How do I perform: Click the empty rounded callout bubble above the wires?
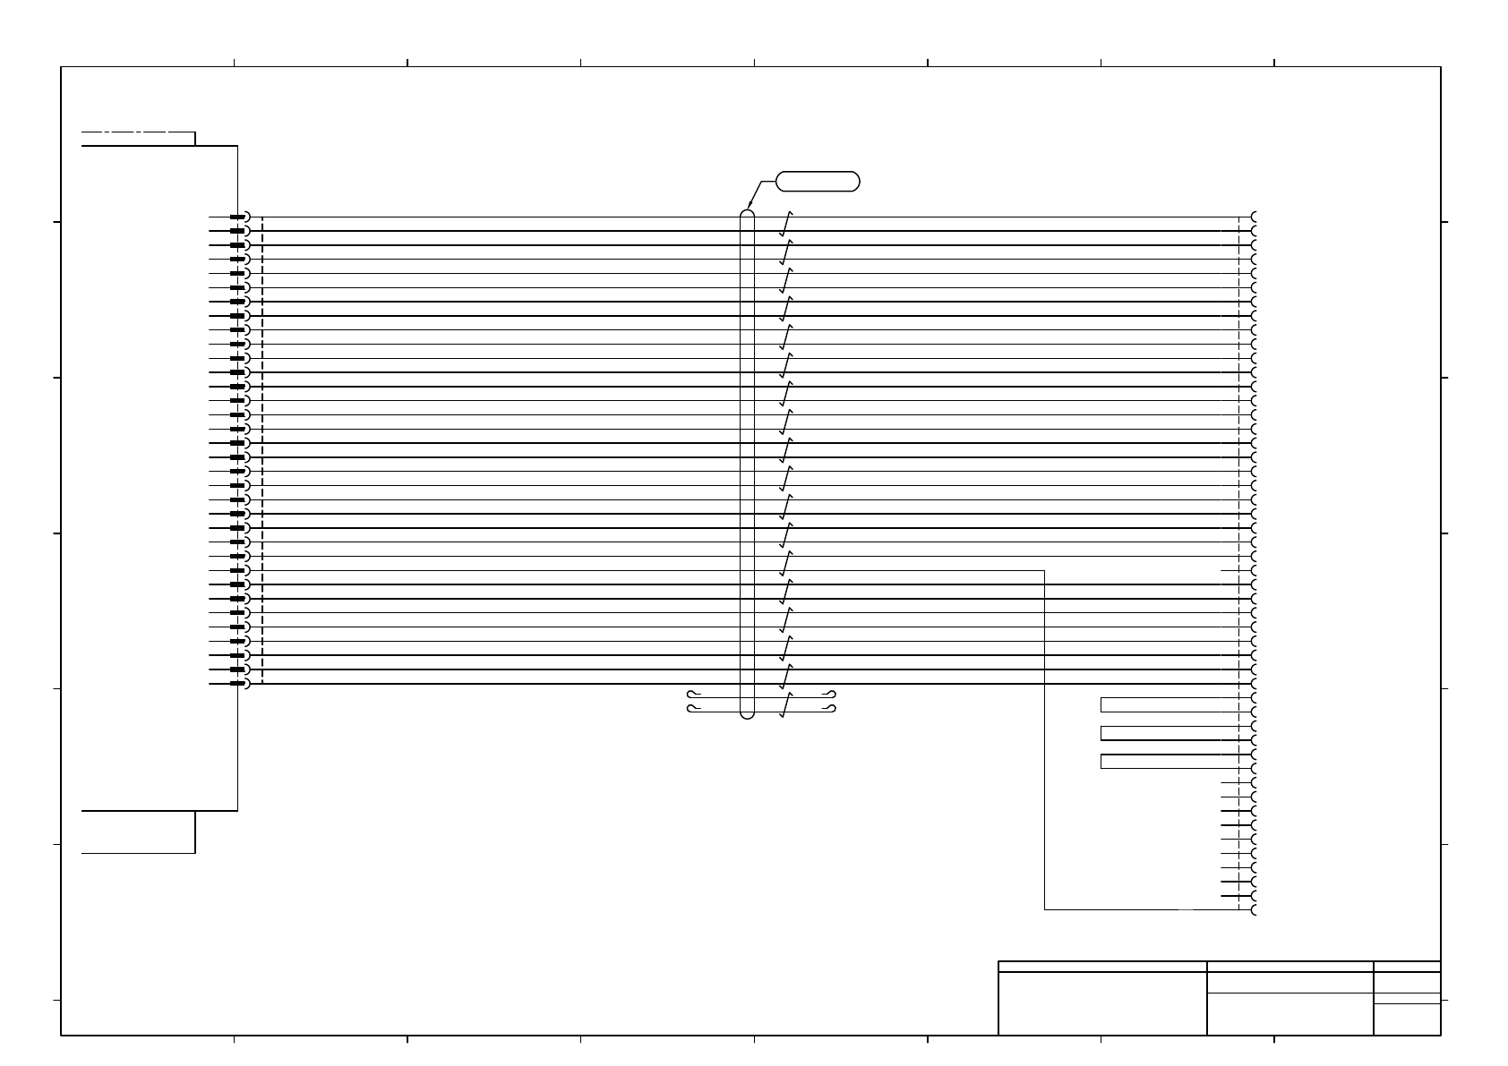click(x=818, y=181)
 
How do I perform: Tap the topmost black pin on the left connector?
click(x=237, y=217)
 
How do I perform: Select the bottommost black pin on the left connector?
click(x=237, y=684)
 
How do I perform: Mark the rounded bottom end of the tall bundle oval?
click(x=748, y=715)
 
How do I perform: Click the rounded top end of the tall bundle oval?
click(x=748, y=214)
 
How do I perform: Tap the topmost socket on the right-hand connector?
click(x=1254, y=217)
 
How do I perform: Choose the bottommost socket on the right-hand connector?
click(x=1254, y=910)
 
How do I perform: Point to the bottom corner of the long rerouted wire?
click(x=1045, y=909)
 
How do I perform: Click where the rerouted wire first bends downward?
click(x=1045, y=570)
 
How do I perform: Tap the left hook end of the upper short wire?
click(x=690, y=694)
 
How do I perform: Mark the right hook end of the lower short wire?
click(x=832, y=710)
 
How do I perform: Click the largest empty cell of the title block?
click(x=1102, y=1003)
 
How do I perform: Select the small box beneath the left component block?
click(x=138, y=831)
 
